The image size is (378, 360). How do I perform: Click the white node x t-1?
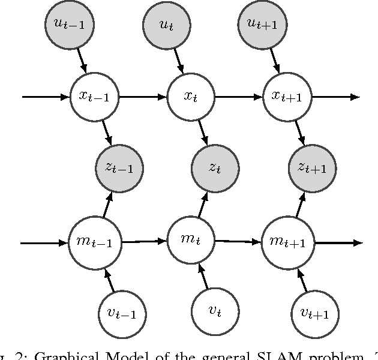[x=94, y=96]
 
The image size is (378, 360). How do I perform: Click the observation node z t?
[x=215, y=168]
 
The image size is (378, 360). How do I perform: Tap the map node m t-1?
[x=95, y=242]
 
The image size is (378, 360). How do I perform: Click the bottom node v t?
[x=215, y=311]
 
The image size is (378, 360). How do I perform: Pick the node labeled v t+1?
[x=314, y=313]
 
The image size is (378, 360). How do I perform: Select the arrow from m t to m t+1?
[x=238, y=241]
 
